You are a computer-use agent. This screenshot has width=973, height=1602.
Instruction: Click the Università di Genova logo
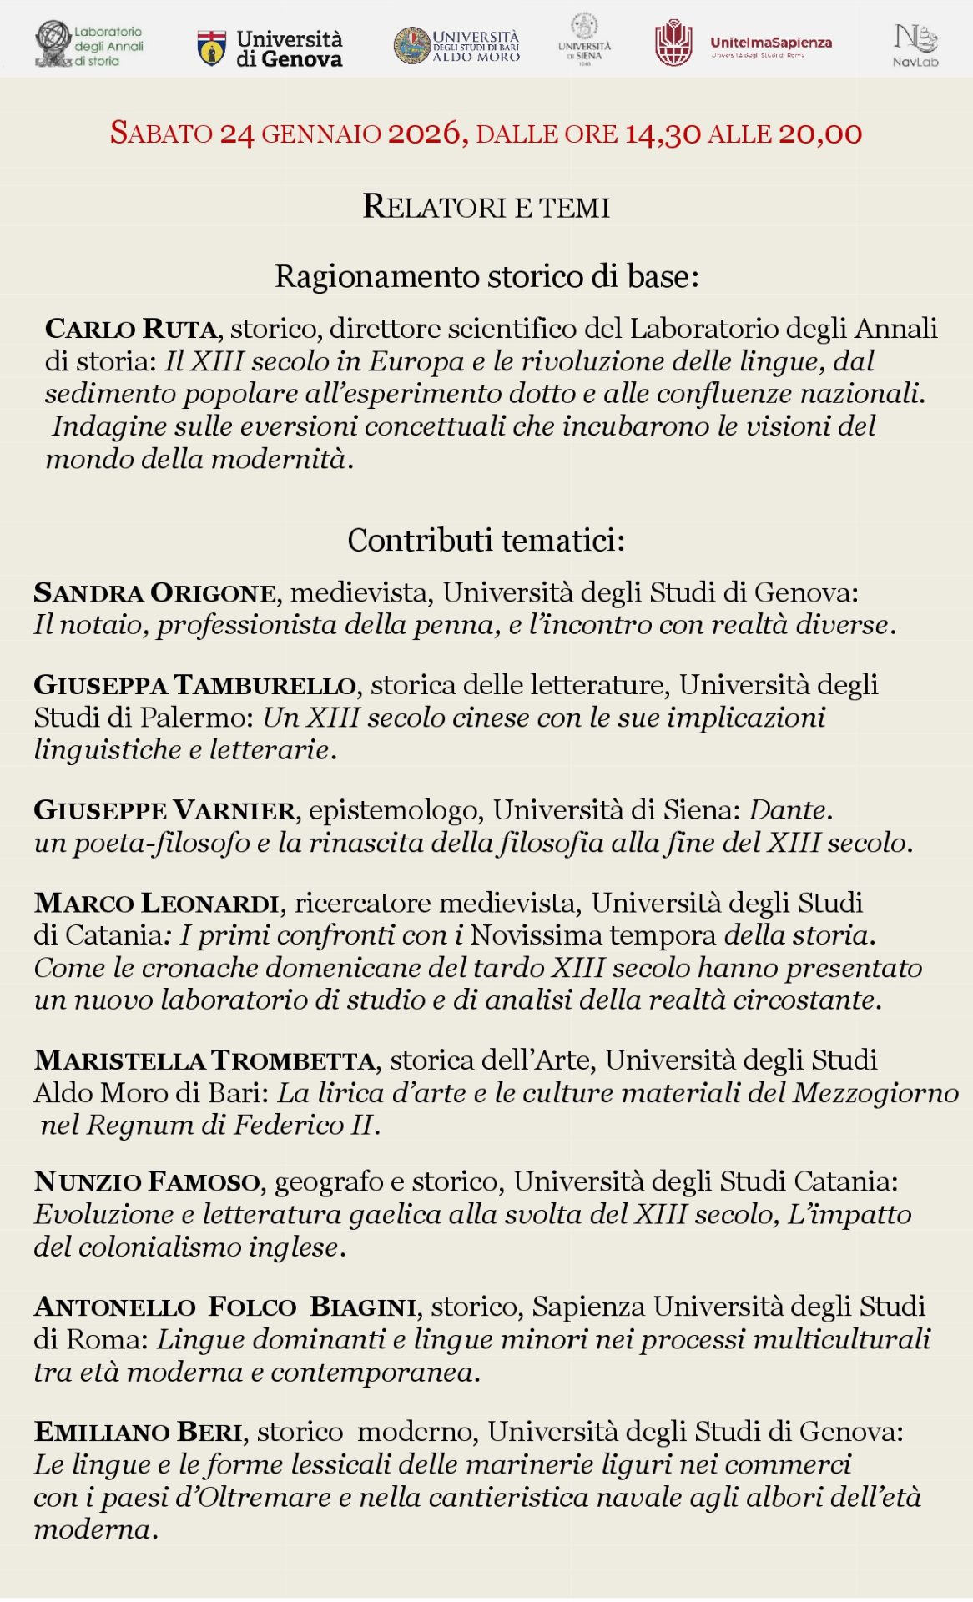coord(270,48)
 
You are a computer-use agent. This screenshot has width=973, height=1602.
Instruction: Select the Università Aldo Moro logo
coord(456,46)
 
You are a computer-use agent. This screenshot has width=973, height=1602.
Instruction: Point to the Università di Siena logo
coord(584,40)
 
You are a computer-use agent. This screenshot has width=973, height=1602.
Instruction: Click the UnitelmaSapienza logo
coord(743,43)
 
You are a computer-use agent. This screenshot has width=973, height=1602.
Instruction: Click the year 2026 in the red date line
coord(425,133)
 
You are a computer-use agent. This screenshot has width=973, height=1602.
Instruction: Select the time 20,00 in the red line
coord(819,133)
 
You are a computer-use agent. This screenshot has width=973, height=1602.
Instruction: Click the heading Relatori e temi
coord(486,207)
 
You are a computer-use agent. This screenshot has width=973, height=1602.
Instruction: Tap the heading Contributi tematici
coord(486,541)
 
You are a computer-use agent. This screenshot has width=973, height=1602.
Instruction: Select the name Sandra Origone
coord(154,592)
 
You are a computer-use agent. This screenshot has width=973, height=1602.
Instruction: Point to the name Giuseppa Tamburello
coord(195,685)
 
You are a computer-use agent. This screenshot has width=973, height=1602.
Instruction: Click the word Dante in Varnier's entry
coord(787,810)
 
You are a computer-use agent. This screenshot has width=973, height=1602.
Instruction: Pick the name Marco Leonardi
coord(156,903)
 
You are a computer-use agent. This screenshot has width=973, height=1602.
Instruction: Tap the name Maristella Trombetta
coord(204,1060)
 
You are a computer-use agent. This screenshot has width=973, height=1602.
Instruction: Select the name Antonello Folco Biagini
coord(225,1307)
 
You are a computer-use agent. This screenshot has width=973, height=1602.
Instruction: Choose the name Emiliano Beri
coord(139,1432)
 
